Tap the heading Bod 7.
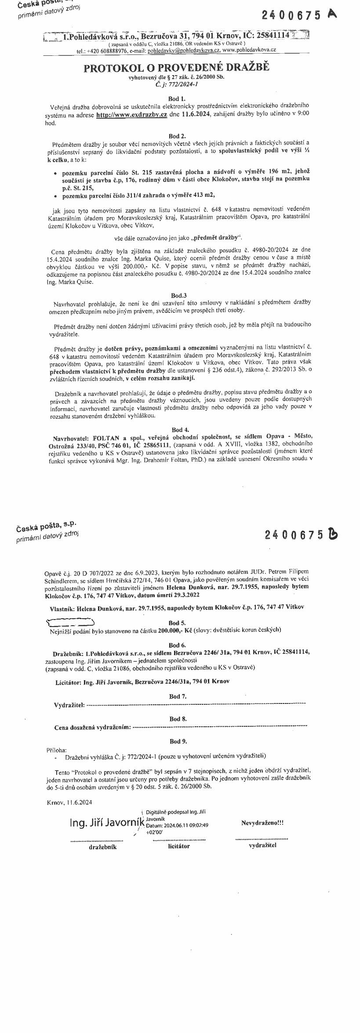(178, 696)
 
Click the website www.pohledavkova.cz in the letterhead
(249, 51)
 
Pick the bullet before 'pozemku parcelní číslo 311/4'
(55, 196)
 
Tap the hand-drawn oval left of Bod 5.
(70, 622)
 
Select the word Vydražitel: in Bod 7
(69, 705)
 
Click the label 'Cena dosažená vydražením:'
(93, 727)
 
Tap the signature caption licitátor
(179, 846)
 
